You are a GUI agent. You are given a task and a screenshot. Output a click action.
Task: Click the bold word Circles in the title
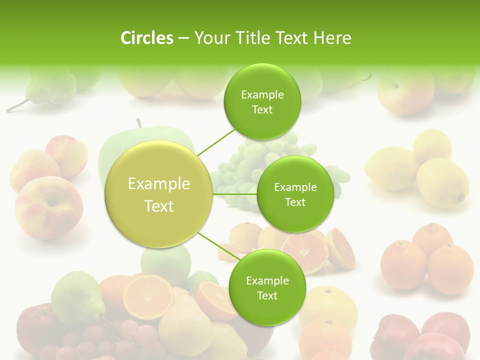[146, 38]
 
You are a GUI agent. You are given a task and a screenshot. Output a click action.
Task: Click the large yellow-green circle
[159, 194]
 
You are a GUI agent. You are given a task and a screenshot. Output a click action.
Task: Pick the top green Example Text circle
[262, 101]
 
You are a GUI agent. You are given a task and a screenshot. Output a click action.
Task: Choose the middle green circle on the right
[295, 194]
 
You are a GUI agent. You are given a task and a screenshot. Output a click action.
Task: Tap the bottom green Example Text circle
[267, 287]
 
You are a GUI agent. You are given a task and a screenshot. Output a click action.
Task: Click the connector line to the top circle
[216, 142]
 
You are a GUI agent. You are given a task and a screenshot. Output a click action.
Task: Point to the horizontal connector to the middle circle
[234, 194]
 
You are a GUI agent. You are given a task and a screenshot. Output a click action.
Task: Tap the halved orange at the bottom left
[148, 295]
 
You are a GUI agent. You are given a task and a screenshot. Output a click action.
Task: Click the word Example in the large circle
[159, 184]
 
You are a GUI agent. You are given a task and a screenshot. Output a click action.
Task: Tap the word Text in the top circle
[262, 110]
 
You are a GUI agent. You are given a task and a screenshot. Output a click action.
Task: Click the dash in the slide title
[183, 38]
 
